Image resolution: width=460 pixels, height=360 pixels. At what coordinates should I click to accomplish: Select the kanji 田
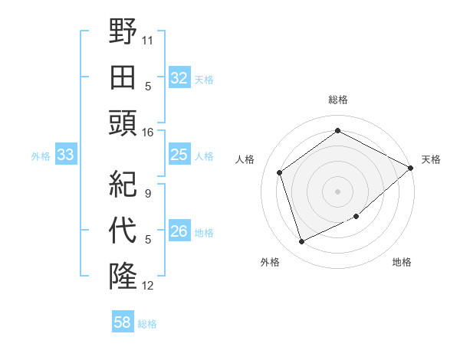tap(123, 77)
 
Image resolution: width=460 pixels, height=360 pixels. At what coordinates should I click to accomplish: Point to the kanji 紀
tap(123, 185)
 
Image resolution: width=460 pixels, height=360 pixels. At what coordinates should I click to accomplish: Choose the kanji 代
tap(123, 231)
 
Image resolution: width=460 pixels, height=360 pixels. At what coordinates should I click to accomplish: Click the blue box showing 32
tap(179, 78)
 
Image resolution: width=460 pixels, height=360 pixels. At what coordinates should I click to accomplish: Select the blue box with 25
tap(179, 155)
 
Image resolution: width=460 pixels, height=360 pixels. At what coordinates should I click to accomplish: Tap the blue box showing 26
tap(179, 232)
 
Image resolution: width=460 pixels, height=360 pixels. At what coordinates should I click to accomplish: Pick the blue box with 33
tap(65, 155)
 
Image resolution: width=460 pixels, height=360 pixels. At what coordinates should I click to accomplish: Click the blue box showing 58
tap(122, 322)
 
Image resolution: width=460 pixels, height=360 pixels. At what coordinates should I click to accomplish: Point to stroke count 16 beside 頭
tap(148, 133)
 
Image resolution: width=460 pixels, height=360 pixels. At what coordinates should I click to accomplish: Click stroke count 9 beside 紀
tap(148, 193)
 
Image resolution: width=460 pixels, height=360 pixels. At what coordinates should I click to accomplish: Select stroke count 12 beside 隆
tap(148, 286)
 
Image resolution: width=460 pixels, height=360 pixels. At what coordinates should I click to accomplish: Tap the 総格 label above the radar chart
tap(337, 100)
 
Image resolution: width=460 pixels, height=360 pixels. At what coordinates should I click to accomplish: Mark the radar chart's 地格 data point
tap(356, 217)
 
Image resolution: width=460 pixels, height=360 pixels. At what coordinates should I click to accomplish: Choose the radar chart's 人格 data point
tap(280, 172)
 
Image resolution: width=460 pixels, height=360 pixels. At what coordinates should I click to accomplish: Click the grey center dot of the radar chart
tap(337, 191)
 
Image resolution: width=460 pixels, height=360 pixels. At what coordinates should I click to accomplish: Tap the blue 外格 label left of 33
tap(41, 156)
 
